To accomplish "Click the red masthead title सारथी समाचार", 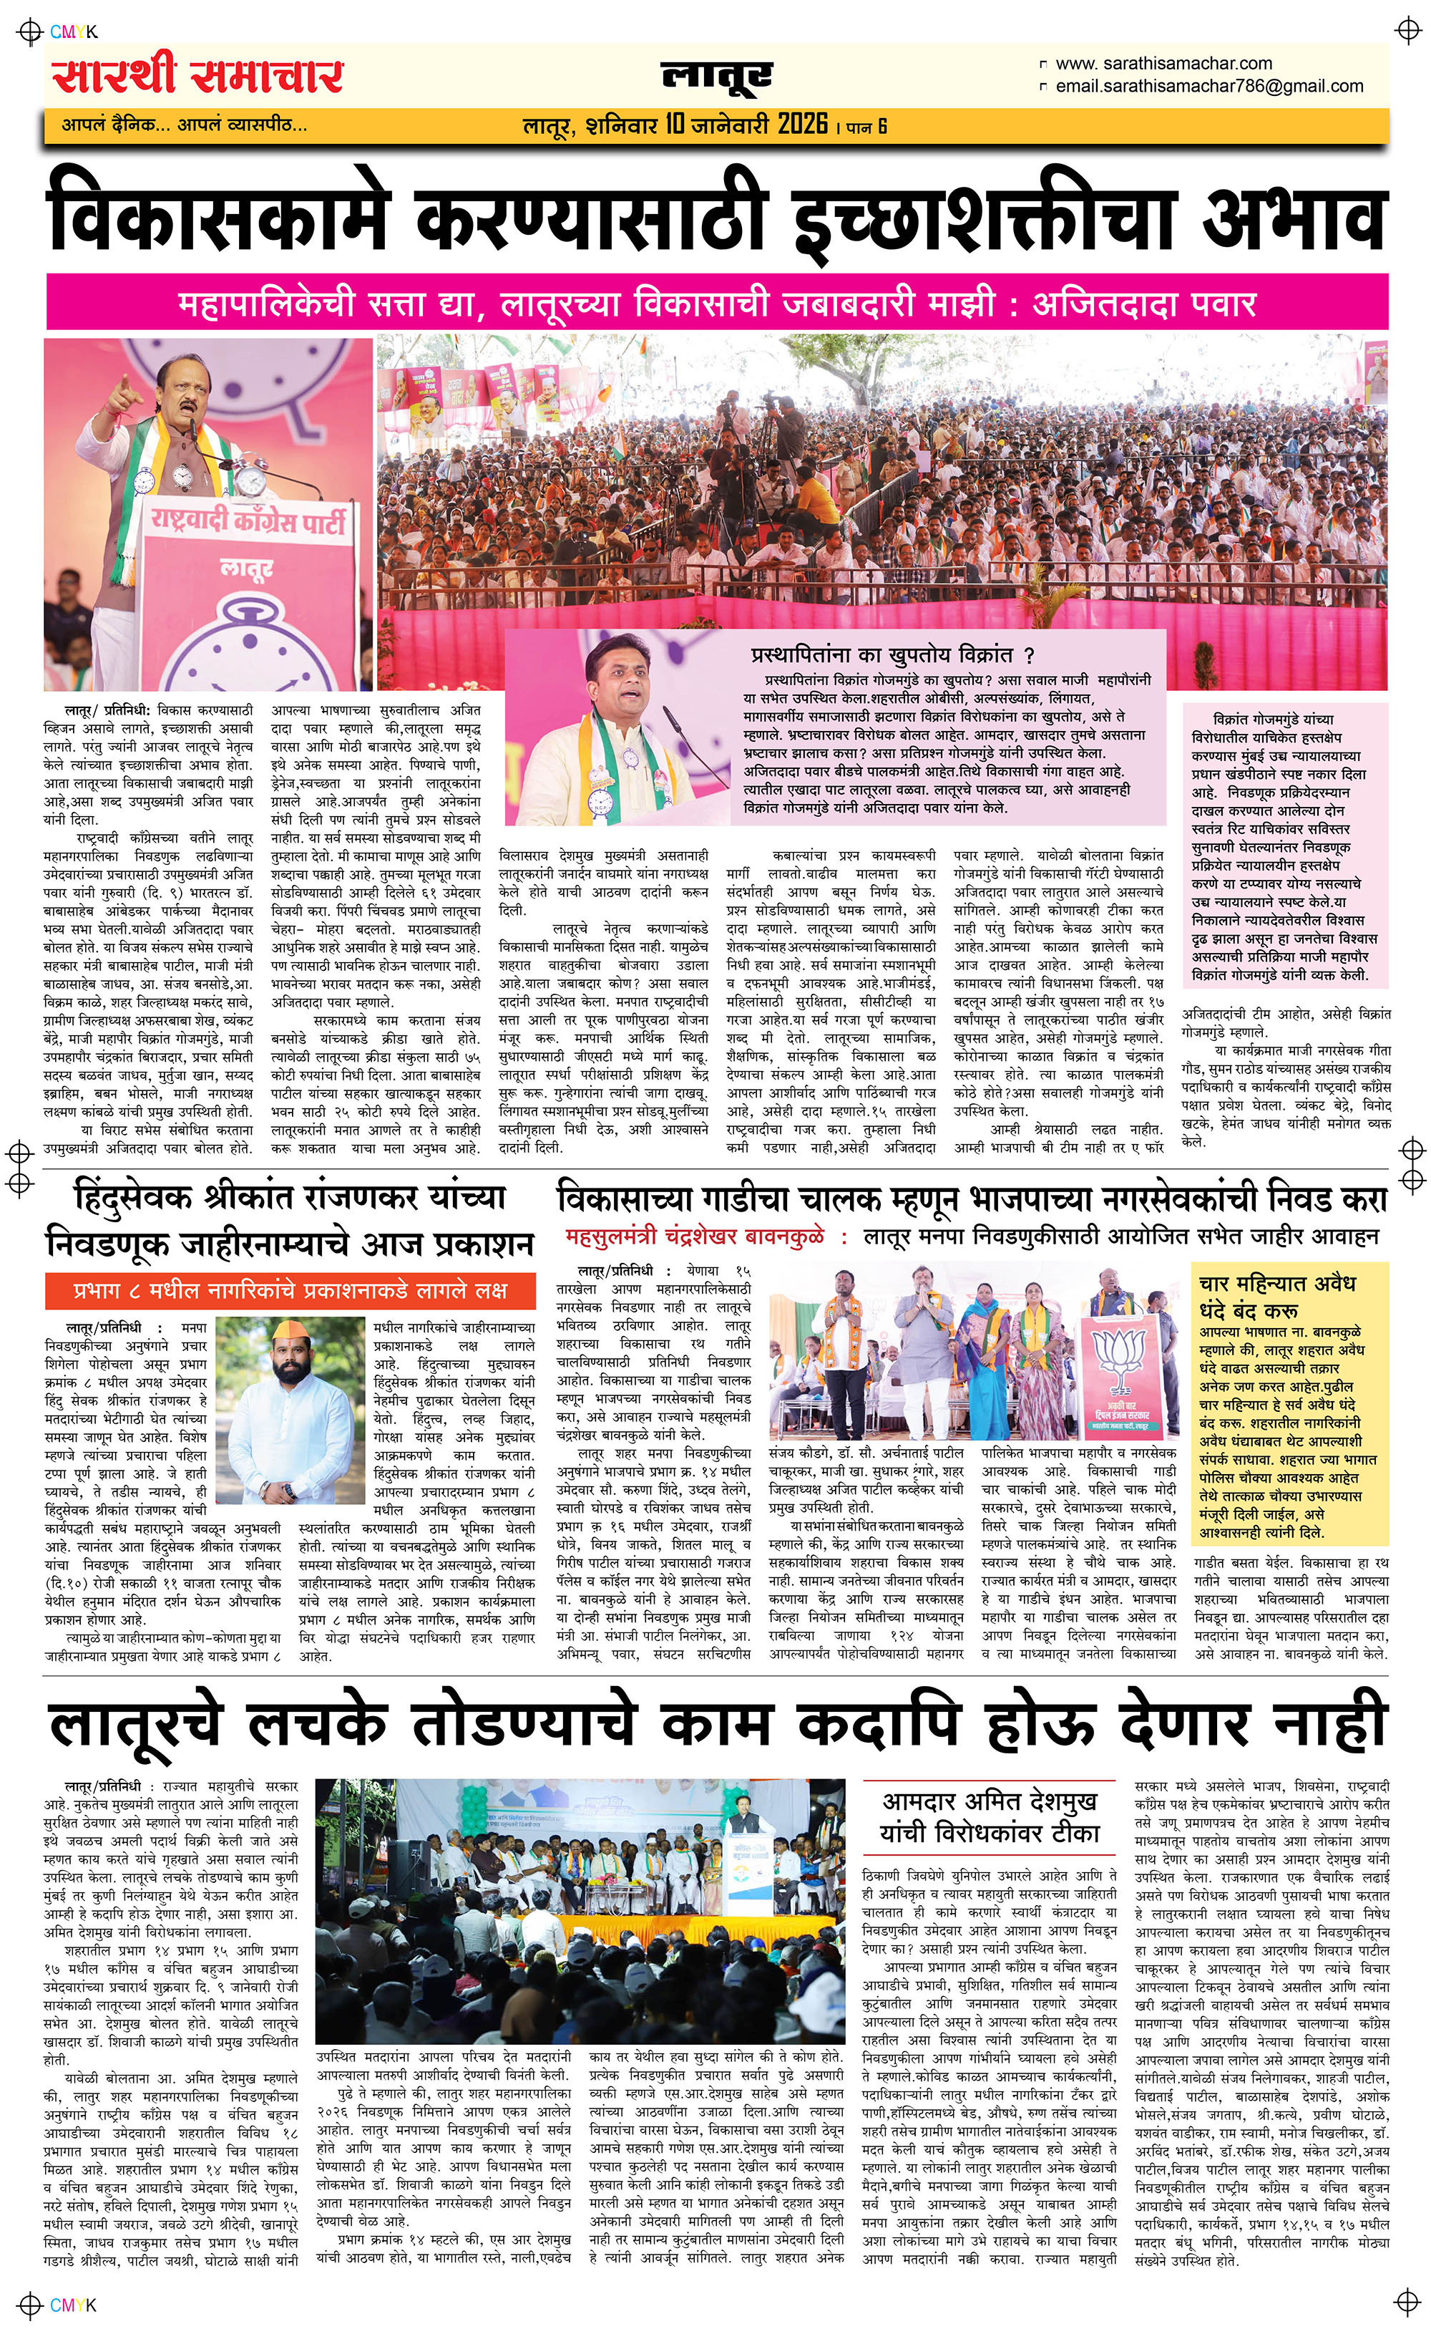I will coord(197,76).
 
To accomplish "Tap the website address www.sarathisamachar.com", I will coord(1163,64).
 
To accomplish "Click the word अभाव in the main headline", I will coord(1296,218).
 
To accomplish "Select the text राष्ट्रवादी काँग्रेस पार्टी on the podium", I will coord(248,520).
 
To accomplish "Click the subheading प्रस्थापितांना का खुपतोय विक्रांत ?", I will coord(892,654).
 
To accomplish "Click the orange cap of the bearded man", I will coord(290,1330).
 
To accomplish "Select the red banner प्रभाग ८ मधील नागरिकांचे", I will coord(290,1289).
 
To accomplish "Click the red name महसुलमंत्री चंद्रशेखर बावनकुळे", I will coord(695,1236).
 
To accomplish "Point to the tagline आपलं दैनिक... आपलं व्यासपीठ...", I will coord(185,124).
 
